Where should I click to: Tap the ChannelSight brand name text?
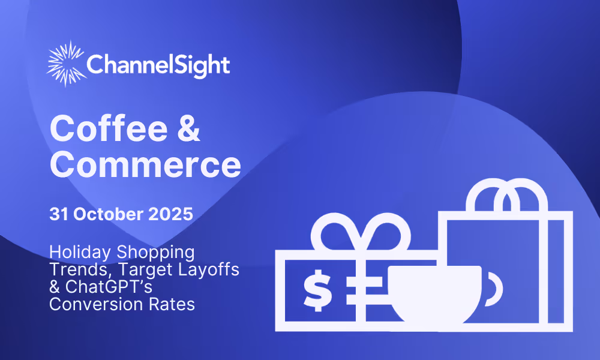tap(158, 65)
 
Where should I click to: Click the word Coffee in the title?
tap(109, 128)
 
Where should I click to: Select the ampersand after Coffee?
tap(188, 128)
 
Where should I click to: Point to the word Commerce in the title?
tap(145, 164)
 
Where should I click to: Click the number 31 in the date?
tap(59, 214)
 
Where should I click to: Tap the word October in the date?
tap(108, 214)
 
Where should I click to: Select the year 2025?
tap(170, 214)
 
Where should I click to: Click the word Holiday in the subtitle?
tap(80, 253)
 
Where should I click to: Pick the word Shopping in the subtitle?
tap(155, 253)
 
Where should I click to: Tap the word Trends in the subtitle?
tap(81, 270)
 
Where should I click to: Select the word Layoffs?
tap(209, 269)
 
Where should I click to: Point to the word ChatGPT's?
tap(109, 287)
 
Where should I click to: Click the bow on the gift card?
tap(361, 232)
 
